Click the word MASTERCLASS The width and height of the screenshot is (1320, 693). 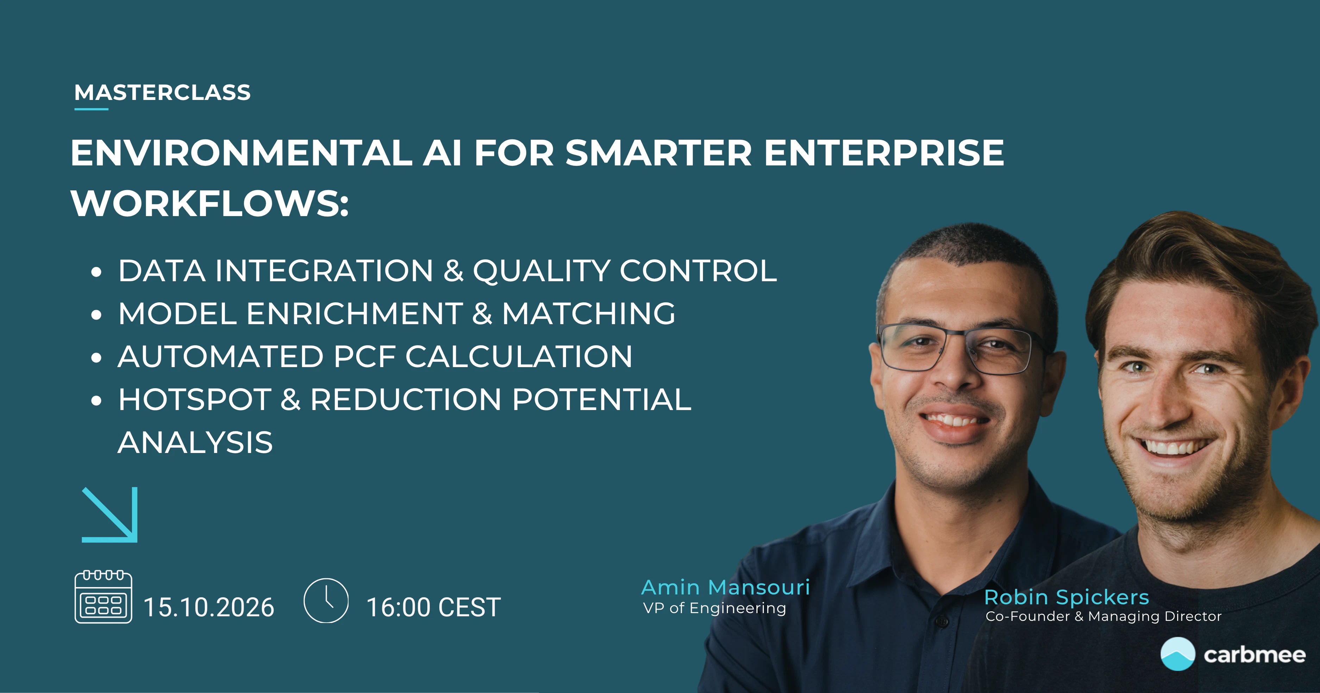point(162,93)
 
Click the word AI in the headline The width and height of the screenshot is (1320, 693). point(442,153)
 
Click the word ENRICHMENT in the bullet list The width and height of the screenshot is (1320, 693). point(354,314)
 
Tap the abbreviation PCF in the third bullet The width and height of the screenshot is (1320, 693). point(364,357)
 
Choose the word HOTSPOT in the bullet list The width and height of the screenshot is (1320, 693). point(195,399)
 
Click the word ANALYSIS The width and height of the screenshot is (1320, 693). point(195,442)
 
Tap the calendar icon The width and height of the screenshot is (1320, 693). point(103,597)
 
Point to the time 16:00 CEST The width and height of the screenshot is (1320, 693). point(434,607)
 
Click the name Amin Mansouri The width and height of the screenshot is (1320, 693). point(725,587)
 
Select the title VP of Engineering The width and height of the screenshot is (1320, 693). point(714,608)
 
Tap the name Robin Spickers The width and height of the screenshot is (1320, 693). point(1066,598)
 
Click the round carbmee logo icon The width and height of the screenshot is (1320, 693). point(1177,654)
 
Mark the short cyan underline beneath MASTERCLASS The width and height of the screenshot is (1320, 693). point(91,109)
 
